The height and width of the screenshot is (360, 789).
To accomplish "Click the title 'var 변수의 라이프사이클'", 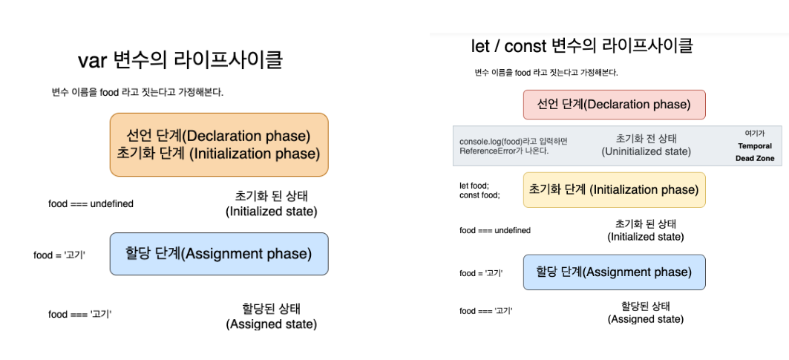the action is click(180, 60).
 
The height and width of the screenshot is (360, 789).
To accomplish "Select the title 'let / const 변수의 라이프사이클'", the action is click(582, 46).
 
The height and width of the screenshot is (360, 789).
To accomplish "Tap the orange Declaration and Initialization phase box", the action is click(219, 145).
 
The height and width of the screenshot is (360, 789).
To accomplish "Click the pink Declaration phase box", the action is click(615, 105).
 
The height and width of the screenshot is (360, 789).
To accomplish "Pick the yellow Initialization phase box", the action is click(615, 190).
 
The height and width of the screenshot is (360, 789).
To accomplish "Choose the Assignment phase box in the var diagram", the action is click(219, 254).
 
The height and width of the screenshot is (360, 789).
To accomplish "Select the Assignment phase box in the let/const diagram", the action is click(615, 272).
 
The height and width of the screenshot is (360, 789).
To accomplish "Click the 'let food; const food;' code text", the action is click(479, 190).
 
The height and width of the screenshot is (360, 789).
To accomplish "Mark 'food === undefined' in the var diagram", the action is click(91, 204).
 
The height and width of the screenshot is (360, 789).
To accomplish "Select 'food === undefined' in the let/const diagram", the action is click(494, 231).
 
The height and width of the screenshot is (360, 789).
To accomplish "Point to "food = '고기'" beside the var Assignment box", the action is click(59, 255).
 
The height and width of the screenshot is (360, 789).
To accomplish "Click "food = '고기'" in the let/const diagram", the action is click(481, 273).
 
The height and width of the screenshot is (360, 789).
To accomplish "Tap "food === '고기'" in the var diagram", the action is click(79, 314).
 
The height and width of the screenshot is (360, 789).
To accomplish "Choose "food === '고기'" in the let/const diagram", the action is click(486, 311).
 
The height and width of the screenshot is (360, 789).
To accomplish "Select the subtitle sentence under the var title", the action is click(137, 93).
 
